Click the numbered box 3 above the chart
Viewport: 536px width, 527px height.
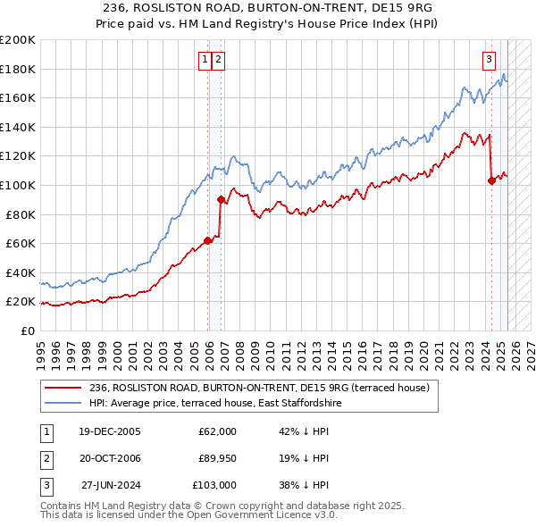490,60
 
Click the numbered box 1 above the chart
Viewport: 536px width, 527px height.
205,60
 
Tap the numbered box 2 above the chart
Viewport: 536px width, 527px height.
218,60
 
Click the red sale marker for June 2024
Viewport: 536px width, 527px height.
491,180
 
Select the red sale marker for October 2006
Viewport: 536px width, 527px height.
221,199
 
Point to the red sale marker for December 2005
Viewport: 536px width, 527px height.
208,240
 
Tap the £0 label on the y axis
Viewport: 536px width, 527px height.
26,330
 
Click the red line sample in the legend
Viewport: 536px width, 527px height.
63,388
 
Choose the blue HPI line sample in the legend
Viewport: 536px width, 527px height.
63,404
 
